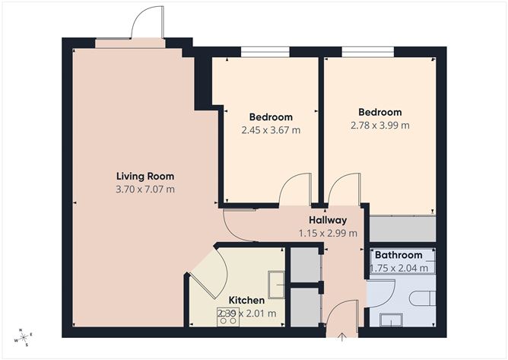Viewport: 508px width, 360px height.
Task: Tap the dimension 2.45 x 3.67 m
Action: click(x=271, y=130)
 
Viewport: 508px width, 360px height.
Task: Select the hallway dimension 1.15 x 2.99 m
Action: click(x=328, y=234)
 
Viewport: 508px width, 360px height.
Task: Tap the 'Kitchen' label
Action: click(x=247, y=301)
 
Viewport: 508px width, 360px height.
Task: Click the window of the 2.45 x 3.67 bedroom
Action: click(x=265, y=53)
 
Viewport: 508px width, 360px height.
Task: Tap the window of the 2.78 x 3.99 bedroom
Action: click(x=367, y=53)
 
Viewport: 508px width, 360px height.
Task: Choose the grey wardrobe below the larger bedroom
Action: click(x=402, y=228)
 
